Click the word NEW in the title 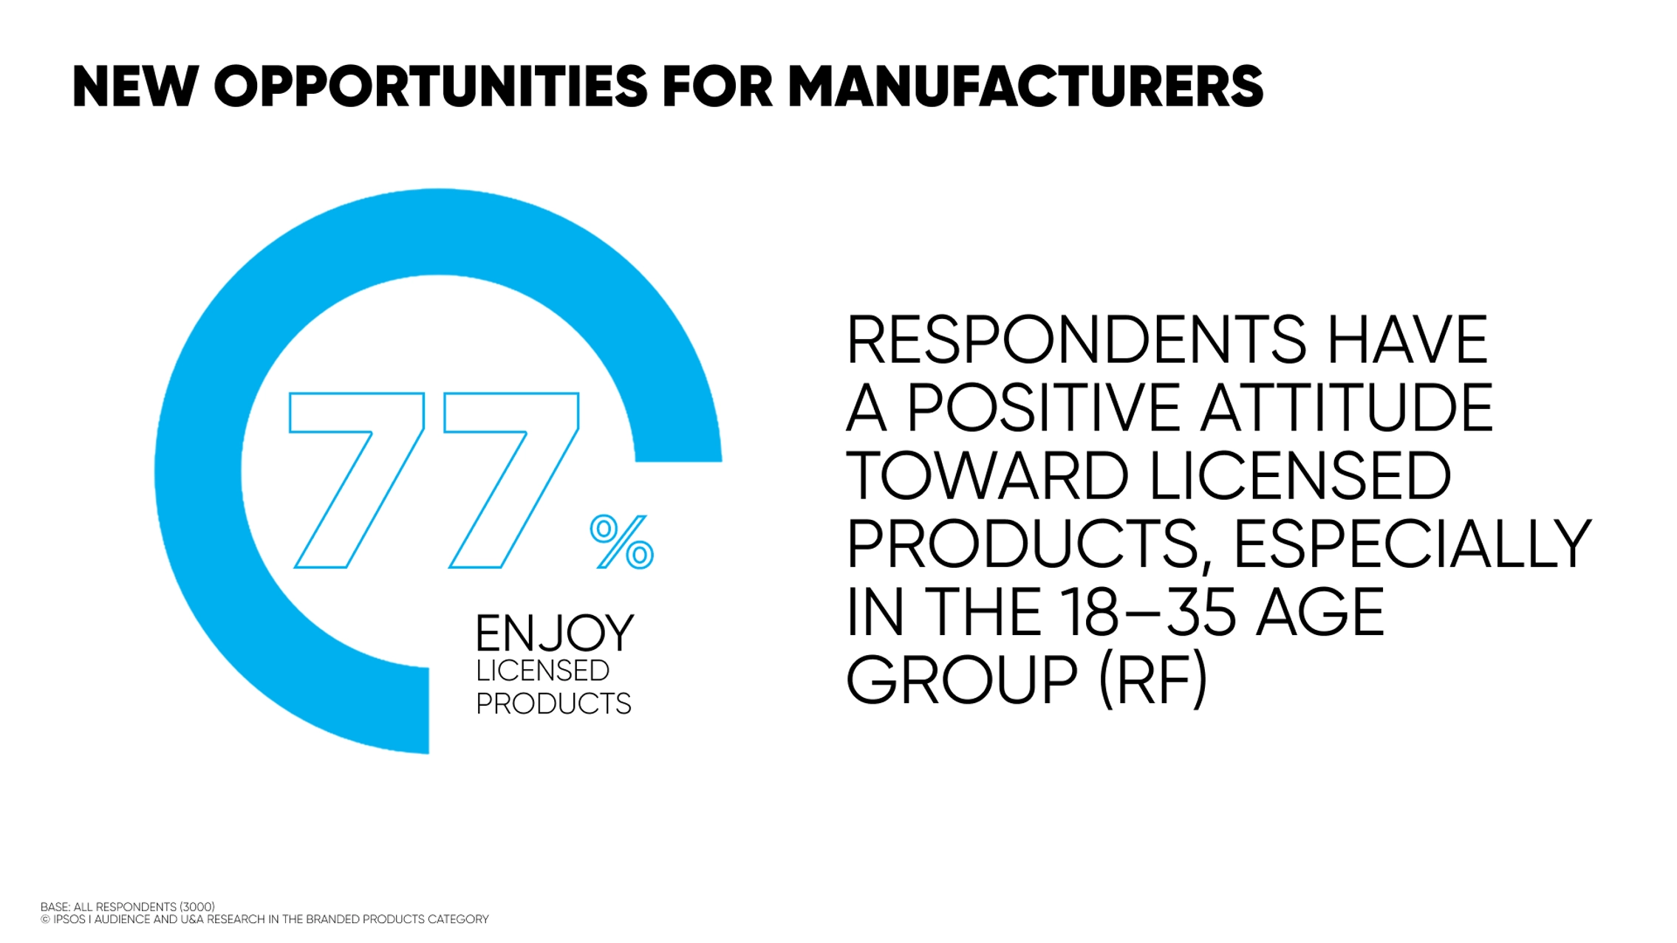[135, 87]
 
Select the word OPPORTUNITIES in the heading [430, 87]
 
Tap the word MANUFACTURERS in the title [1025, 87]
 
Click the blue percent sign [621, 542]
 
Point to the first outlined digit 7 [357, 480]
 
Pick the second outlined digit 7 [511, 480]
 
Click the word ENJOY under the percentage [554, 634]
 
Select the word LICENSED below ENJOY [542, 671]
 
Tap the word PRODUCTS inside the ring [553, 704]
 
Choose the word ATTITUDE [1346, 408]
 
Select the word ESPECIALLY [1412, 545]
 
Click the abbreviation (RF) [1153, 680]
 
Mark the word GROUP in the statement [961, 680]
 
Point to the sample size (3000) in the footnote [197, 907]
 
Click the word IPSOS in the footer [69, 919]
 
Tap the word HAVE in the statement [1407, 340]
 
